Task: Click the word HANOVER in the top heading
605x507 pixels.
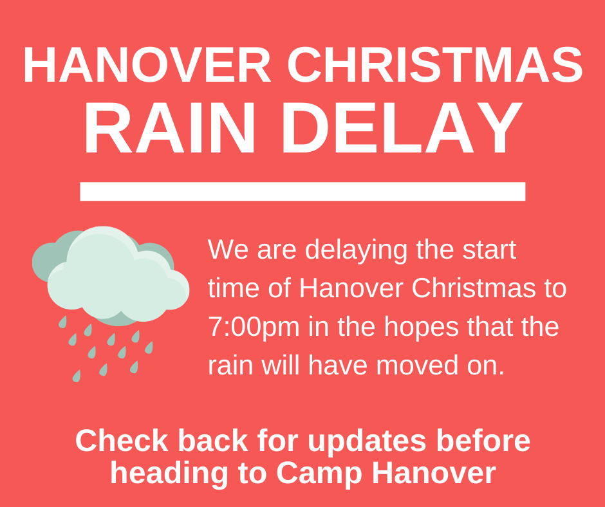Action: pyautogui.click(x=147, y=65)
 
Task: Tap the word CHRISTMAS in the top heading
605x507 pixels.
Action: pyautogui.click(x=435, y=65)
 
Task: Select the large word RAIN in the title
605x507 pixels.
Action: pyautogui.click(x=170, y=127)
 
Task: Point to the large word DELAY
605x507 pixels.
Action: pyautogui.click(x=402, y=127)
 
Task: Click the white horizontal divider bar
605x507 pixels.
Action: pyautogui.click(x=302, y=191)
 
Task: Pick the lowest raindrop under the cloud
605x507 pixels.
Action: pyautogui.click(x=77, y=376)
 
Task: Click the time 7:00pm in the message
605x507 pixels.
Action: pyautogui.click(x=254, y=327)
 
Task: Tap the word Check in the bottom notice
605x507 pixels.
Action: pyautogui.click(x=122, y=441)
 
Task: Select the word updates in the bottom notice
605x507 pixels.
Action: pyautogui.click(x=367, y=442)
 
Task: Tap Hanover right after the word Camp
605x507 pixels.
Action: pyautogui.click(x=434, y=473)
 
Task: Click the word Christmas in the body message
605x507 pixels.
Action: pyautogui.click(x=474, y=288)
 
